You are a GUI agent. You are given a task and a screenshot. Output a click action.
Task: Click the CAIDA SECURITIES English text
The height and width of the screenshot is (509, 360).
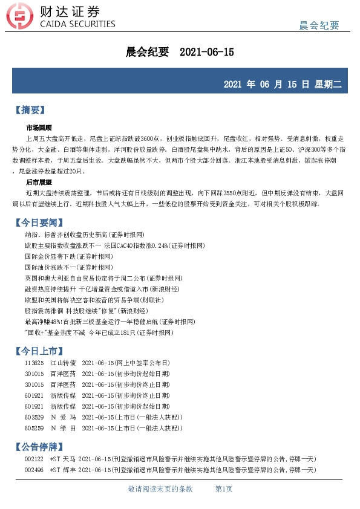[x=77, y=24]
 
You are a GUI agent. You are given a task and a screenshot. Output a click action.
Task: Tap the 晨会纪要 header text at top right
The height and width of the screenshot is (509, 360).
[x=319, y=25]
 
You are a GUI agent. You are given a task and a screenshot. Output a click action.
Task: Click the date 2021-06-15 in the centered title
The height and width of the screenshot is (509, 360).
[x=207, y=53]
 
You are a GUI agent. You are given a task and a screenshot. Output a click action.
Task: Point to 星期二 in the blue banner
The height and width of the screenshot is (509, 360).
[x=328, y=84]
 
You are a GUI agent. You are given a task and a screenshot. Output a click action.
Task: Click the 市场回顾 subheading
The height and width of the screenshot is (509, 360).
[x=39, y=128]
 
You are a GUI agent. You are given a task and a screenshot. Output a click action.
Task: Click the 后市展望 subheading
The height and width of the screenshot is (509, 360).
[x=39, y=181]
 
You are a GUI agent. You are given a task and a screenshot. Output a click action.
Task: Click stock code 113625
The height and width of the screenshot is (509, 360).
[x=34, y=363]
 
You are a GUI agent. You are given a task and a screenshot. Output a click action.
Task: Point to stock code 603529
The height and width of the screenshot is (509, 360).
[x=34, y=417]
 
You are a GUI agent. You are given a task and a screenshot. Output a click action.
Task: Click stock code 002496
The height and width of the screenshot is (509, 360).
[x=34, y=470]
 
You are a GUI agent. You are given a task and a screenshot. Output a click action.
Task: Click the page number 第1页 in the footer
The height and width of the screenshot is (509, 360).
[x=224, y=488]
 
